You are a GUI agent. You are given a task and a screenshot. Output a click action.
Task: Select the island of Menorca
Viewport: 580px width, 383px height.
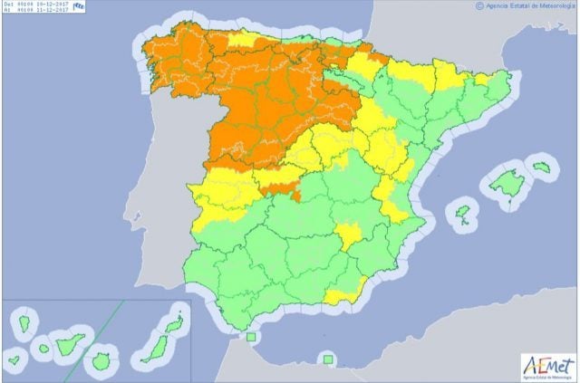(x=543, y=167)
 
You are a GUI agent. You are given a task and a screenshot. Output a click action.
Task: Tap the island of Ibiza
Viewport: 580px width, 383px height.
(x=463, y=215)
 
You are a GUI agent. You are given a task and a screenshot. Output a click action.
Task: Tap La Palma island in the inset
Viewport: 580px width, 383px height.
(x=22, y=321)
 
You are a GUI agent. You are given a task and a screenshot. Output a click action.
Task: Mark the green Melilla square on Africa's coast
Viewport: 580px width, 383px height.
(x=326, y=359)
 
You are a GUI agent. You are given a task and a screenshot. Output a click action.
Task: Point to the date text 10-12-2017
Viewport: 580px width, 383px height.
(x=44, y=5)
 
